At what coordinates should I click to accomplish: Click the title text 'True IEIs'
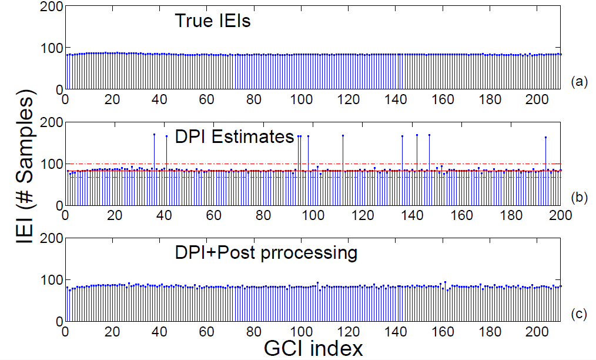coord(212,22)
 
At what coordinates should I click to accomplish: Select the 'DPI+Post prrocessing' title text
coord(266,253)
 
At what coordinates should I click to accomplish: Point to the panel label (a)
coord(578,82)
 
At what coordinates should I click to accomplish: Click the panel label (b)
coord(578,198)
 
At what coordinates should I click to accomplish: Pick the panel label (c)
coord(578,314)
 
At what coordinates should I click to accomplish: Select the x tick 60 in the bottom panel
coord(207,331)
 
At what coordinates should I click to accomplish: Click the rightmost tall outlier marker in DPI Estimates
coord(545,138)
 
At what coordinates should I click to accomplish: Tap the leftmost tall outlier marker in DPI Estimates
coord(154,135)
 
